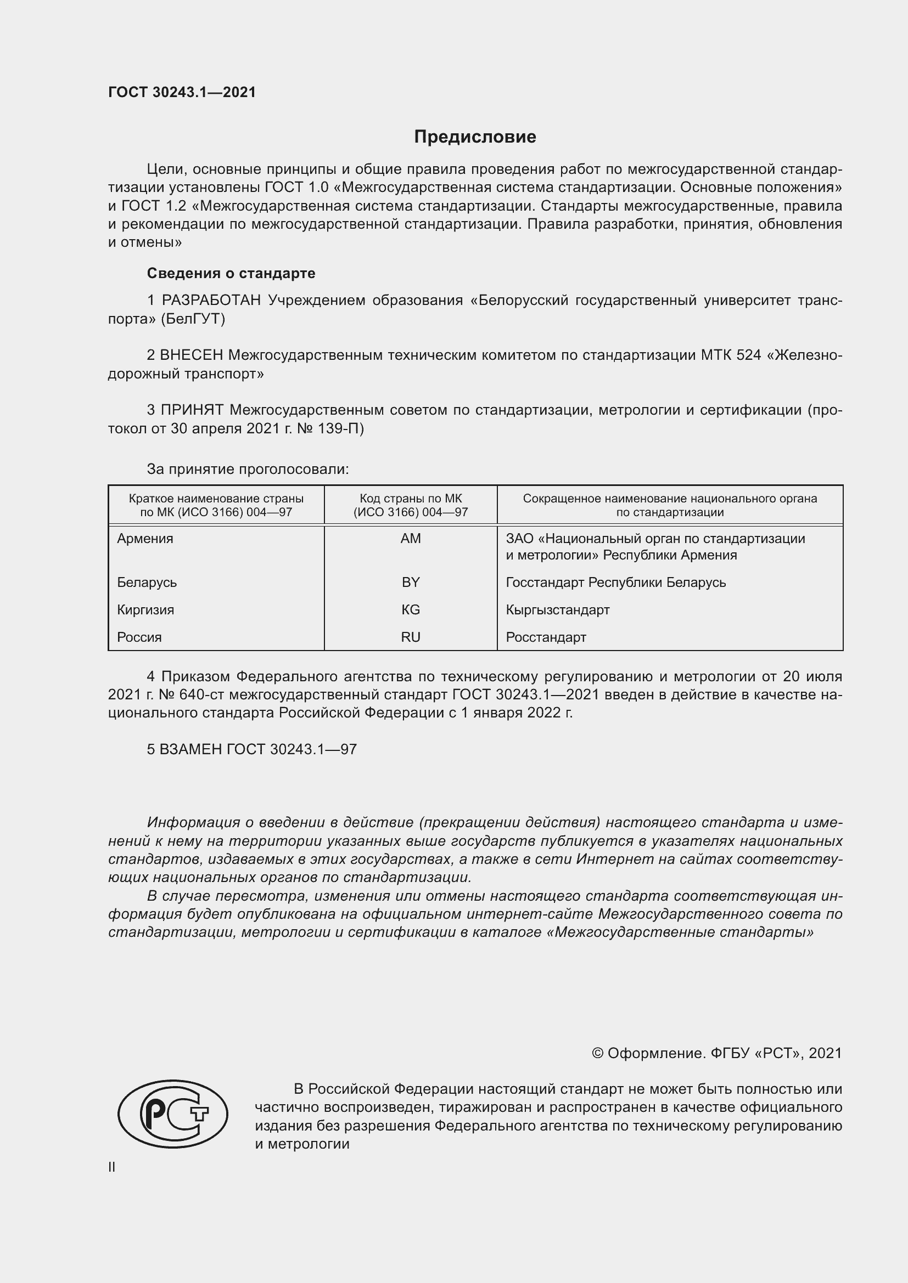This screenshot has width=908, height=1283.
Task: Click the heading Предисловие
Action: point(475,137)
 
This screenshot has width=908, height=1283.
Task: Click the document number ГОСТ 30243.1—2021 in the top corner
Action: point(182,93)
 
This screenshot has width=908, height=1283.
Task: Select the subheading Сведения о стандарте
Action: point(231,273)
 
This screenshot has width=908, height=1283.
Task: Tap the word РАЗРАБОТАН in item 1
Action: point(211,301)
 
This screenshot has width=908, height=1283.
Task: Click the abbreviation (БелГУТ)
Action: point(193,319)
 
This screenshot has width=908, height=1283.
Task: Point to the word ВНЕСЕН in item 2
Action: point(192,355)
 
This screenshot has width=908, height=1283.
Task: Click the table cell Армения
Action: point(145,539)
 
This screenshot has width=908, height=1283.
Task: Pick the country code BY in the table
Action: point(411,583)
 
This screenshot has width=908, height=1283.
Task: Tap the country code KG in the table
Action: point(411,609)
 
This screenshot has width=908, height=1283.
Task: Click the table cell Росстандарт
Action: point(546,637)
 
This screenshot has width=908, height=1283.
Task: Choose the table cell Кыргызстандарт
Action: point(557,609)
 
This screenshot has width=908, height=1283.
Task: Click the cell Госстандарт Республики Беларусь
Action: point(615,583)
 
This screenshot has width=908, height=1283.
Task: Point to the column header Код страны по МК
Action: point(411,499)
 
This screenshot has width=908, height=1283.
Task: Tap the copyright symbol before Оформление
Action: point(597,1053)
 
